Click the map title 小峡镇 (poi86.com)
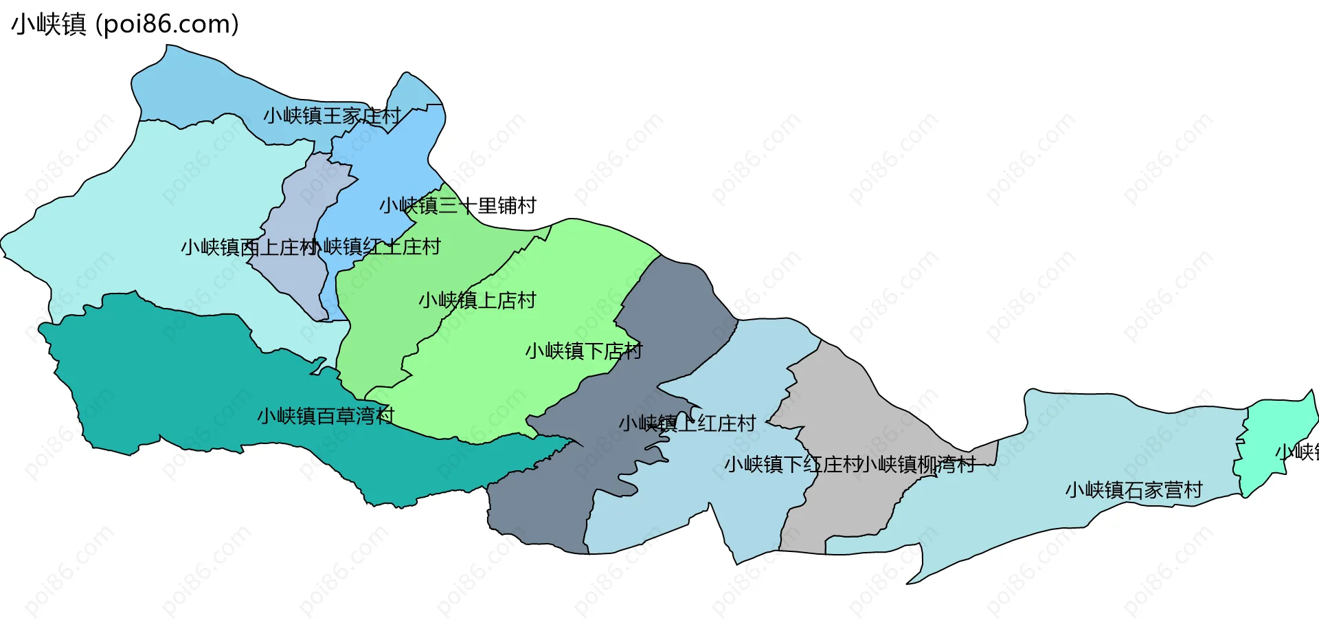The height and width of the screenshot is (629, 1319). coord(125,24)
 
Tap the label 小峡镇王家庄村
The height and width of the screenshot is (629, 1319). coord(332,115)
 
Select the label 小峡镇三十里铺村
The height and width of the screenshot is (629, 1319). coord(458,206)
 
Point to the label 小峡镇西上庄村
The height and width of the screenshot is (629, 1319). coord(249,247)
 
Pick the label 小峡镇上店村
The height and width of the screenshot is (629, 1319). coord(477,300)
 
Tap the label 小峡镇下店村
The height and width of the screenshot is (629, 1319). coord(584,351)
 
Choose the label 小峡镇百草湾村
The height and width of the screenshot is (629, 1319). coord(326,416)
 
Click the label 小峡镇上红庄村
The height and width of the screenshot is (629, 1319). coord(687,423)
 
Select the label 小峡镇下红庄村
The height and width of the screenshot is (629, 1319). coord(791,465)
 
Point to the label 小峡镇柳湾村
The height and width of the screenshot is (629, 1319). coord(918,465)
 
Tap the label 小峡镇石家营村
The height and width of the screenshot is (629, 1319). coord(1134,490)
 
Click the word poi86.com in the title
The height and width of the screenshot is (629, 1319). coord(168,24)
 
